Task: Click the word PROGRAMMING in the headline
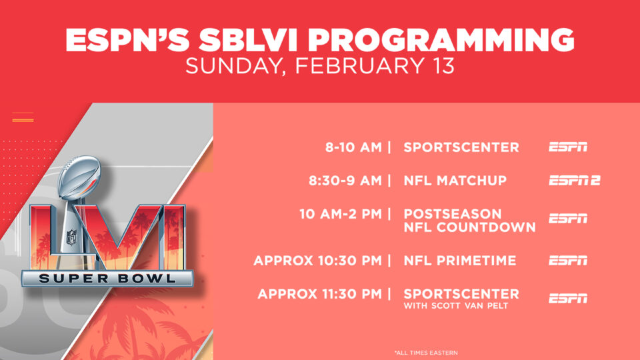point(441,40)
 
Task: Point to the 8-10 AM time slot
point(353,147)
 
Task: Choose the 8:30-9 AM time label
point(345,181)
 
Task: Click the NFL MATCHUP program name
point(455,181)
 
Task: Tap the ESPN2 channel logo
point(575,181)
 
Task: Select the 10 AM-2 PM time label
point(341,214)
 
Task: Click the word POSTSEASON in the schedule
point(453,214)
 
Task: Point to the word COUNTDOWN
point(486,227)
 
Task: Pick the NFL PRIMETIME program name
point(460,261)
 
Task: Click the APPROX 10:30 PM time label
point(317,261)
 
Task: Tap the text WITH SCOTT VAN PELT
point(456,306)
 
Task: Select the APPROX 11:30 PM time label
point(319,294)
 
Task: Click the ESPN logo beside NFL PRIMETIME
point(568,261)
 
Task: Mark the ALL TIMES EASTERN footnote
point(426,353)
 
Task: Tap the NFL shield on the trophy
point(72,237)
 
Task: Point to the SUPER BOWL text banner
point(107,279)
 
